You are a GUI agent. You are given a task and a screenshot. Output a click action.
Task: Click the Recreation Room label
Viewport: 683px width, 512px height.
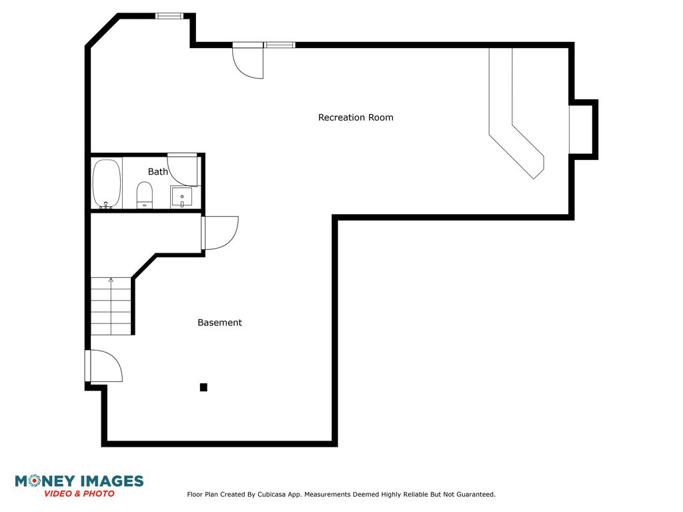click(x=356, y=117)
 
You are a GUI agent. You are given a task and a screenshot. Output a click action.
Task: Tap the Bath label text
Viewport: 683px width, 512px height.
click(x=157, y=171)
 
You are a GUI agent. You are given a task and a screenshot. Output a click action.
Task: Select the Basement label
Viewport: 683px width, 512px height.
click(x=219, y=323)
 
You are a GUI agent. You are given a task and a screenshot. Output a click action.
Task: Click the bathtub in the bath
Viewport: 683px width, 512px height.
click(x=107, y=184)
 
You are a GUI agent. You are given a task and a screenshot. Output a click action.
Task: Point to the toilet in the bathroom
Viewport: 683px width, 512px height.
click(x=145, y=195)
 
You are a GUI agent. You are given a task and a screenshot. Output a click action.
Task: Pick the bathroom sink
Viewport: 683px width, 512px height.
click(x=181, y=197)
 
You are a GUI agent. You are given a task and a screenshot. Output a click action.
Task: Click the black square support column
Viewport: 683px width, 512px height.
click(x=203, y=387)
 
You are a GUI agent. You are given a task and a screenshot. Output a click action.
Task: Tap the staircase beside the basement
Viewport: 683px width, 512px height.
click(x=111, y=306)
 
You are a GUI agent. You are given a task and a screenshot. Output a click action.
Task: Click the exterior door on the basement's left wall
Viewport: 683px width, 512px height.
click(x=103, y=366)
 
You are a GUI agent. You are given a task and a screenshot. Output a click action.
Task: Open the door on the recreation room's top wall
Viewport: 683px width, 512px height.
click(x=248, y=61)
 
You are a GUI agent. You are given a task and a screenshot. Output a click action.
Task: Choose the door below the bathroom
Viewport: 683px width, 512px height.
click(x=220, y=233)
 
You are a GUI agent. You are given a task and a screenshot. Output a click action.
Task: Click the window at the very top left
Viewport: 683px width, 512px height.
click(x=169, y=16)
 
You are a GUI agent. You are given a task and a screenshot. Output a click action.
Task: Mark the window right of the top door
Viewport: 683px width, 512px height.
click(x=279, y=45)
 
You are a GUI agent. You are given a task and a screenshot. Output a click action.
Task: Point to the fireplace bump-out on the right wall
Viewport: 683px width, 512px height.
click(x=583, y=130)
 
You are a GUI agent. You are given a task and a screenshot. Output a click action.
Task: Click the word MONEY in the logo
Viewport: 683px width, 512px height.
click(x=45, y=481)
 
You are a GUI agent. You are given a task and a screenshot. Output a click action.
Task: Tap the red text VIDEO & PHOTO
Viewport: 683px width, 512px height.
click(x=79, y=494)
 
